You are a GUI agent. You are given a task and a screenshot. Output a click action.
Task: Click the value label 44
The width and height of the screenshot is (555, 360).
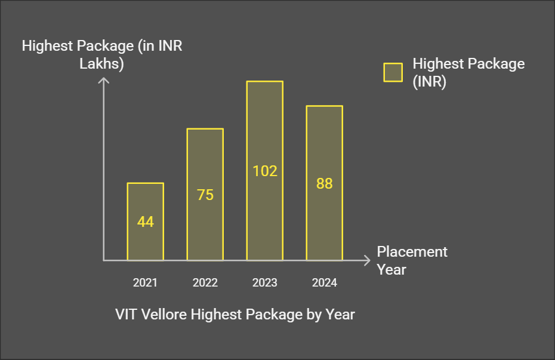(145, 222)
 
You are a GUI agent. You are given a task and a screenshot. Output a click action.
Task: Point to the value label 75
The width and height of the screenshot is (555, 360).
(205, 195)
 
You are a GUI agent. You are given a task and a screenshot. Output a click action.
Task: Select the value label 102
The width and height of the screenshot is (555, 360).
(264, 171)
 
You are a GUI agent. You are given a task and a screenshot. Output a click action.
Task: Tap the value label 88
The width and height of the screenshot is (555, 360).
(324, 184)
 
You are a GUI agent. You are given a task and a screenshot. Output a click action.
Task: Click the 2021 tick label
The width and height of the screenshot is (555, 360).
(145, 282)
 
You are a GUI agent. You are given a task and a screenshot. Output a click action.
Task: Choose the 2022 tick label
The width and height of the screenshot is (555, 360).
(205, 282)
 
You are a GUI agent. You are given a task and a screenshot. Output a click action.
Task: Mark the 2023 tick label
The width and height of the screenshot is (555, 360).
(264, 282)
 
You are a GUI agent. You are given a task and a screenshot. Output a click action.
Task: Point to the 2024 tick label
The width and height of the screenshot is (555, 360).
(324, 282)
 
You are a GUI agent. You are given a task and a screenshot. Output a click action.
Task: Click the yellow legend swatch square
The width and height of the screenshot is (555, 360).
(393, 72)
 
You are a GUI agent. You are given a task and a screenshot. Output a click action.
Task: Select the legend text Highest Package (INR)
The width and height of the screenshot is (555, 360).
(468, 73)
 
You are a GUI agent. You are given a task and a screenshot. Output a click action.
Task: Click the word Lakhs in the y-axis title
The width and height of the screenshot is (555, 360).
(102, 64)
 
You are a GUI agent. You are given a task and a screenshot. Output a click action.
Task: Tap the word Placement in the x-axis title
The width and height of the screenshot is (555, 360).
(412, 252)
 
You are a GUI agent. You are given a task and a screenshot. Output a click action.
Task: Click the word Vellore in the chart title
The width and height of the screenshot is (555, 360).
(164, 314)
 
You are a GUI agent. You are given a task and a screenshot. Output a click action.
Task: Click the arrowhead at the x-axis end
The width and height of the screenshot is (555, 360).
(368, 260)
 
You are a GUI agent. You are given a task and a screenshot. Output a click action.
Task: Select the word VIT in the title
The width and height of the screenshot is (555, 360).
(126, 314)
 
